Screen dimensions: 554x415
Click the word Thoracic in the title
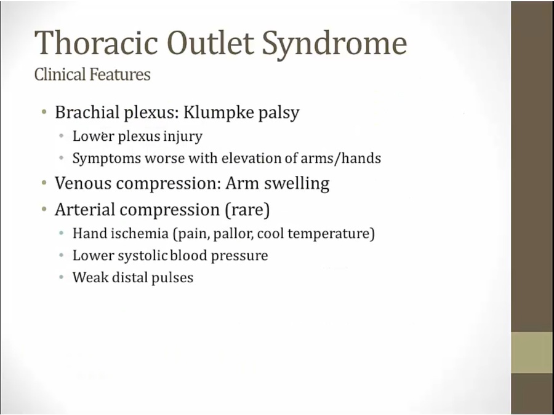tap(96, 42)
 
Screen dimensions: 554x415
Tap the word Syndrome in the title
tap(334, 45)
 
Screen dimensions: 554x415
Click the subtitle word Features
tap(120, 74)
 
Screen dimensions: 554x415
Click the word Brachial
tap(87, 113)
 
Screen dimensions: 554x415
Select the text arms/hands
tap(340, 158)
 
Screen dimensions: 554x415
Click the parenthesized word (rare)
tap(247, 210)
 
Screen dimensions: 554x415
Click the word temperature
tap(331, 234)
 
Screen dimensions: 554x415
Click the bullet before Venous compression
tap(44, 183)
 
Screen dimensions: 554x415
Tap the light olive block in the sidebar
tap(532, 352)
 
